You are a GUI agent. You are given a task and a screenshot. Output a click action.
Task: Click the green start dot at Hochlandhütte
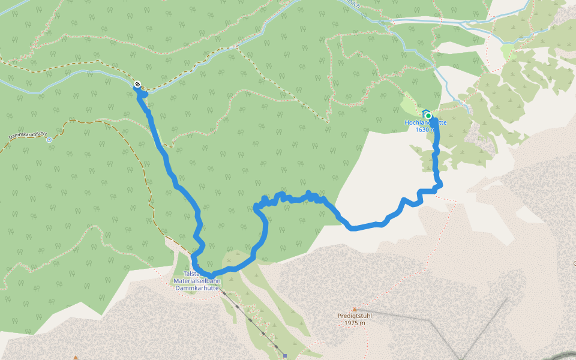click(x=428, y=116)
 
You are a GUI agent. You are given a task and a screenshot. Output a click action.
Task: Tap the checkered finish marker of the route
click(x=138, y=85)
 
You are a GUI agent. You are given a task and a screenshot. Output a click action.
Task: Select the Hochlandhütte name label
click(x=425, y=122)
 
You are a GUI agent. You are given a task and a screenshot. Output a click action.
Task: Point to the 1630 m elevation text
click(x=424, y=130)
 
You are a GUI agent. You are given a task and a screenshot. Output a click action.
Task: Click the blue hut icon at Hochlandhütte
click(x=425, y=112)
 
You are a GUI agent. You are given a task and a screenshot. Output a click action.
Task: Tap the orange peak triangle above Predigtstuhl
click(x=354, y=309)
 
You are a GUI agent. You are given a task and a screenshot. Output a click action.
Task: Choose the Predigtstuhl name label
click(x=355, y=316)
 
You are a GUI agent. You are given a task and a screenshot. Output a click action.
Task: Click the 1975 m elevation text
click(x=355, y=323)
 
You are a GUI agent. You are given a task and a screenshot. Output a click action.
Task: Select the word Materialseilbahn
click(x=197, y=281)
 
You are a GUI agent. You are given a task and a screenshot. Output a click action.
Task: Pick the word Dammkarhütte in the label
click(x=197, y=288)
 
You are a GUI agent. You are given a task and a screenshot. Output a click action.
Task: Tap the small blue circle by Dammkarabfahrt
click(x=49, y=139)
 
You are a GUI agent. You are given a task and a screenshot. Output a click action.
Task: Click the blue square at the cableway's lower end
click(x=285, y=355)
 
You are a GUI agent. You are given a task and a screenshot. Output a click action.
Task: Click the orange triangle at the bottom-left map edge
click(x=76, y=358)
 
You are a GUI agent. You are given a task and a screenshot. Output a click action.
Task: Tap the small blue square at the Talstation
click(x=194, y=265)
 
